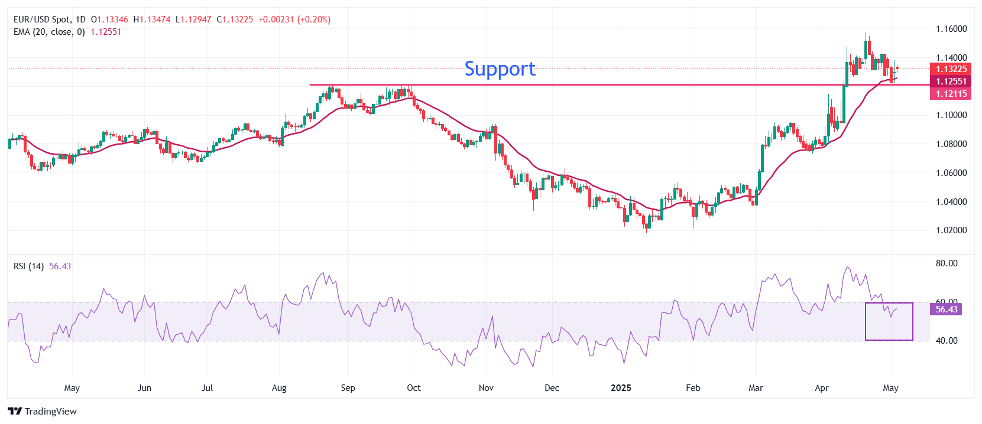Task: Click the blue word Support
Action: [x=500, y=69]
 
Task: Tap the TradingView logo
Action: [x=43, y=412]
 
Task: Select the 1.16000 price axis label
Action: [x=951, y=29]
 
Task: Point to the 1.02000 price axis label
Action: [x=951, y=230]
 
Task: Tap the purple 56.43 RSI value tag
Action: [x=946, y=309]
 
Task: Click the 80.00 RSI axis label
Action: [x=947, y=263]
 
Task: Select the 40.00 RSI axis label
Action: [x=947, y=341]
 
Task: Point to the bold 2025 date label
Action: [x=621, y=388]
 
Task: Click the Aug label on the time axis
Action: [x=279, y=388]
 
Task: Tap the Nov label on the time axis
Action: [x=486, y=388]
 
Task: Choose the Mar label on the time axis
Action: [x=756, y=388]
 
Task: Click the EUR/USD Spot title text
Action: [x=41, y=19]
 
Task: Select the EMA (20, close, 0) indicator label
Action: [x=49, y=32]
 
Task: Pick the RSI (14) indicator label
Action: [x=28, y=266]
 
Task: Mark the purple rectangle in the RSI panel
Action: [x=889, y=322]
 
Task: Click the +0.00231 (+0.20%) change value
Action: [x=294, y=19]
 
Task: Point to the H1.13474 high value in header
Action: [x=152, y=19]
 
